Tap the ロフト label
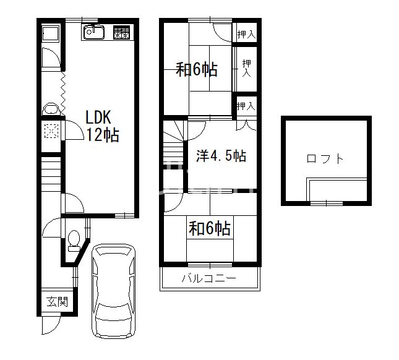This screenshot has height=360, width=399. (x=325, y=159)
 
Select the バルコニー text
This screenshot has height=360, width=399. (x=208, y=278)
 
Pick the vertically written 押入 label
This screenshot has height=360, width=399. (x=246, y=69)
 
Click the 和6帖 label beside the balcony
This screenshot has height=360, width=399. (x=210, y=229)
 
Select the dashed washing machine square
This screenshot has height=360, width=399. (x=51, y=131)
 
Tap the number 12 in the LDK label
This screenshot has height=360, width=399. (x=95, y=135)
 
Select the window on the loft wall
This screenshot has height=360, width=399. (x=325, y=202)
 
